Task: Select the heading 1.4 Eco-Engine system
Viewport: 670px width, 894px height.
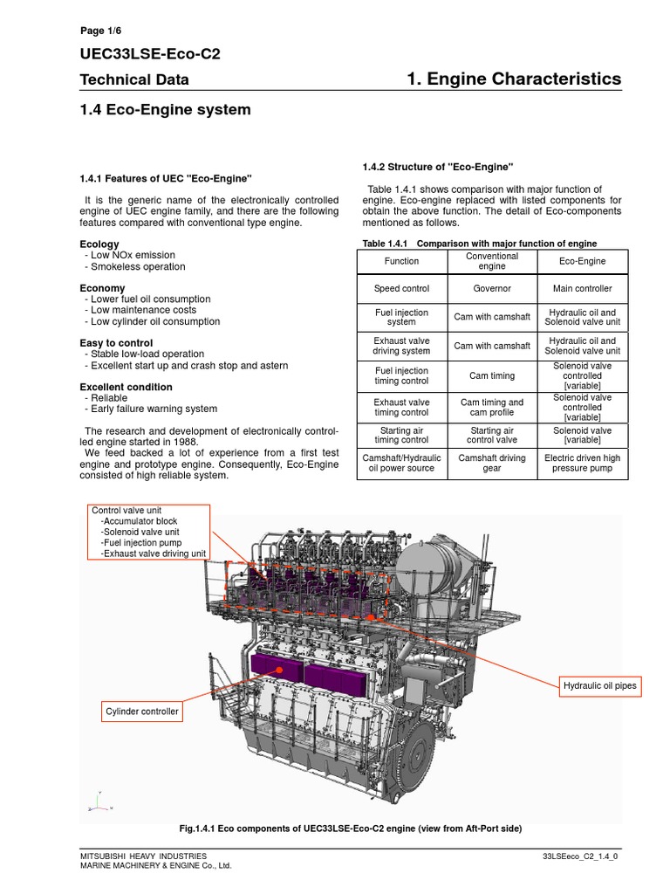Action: click(165, 110)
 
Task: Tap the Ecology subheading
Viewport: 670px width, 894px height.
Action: click(99, 245)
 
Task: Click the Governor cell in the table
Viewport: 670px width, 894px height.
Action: click(492, 288)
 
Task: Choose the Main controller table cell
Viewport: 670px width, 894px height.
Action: click(582, 288)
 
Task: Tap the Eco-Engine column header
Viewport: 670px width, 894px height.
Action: click(582, 261)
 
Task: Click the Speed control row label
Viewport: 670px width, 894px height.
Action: click(401, 288)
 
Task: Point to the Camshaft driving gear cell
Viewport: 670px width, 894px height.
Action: click(492, 463)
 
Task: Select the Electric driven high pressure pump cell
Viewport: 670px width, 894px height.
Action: click(582, 463)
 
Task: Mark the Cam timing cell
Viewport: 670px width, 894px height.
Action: click(492, 376)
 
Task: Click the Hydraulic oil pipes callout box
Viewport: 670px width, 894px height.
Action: click(599, 686)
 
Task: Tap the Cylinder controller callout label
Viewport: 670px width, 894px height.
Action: click(141, 712)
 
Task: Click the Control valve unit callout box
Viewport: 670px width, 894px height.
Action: click(147, 532)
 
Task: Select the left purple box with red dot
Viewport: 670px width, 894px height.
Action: click(276, 670)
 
